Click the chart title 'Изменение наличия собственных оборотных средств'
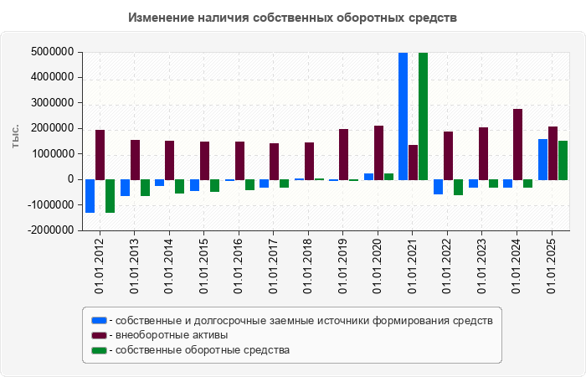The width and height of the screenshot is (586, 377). click(293, 18)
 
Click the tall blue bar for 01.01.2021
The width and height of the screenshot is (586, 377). click(404, 116)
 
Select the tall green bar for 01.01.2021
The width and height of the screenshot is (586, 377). click(424, 116)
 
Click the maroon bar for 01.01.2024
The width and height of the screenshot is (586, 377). click(517, 144)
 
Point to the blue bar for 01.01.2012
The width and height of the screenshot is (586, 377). click(90, 196)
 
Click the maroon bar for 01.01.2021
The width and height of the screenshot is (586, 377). click(414, 162)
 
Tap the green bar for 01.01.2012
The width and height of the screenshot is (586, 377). click(111, 196)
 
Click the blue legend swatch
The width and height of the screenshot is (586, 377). click(100, 320)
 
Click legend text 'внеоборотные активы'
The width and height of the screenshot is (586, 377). click(172, 335)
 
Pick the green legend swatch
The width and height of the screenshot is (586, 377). click(100, 350)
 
